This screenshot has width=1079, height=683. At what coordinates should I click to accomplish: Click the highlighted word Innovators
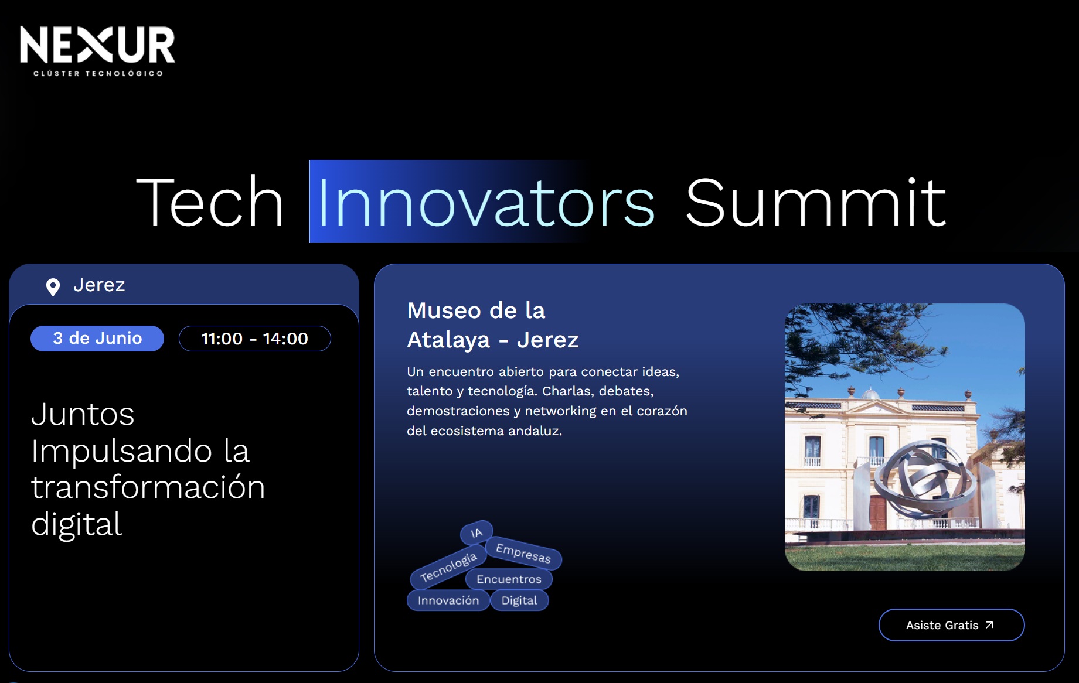(485, 203)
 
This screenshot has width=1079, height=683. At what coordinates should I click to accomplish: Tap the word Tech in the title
(210, 203)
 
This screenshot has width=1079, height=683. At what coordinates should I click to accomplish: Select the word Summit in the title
(815, 203)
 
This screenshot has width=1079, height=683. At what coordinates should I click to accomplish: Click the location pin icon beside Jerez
(53, 287)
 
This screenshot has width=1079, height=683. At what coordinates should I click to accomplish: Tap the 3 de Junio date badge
(97, 339)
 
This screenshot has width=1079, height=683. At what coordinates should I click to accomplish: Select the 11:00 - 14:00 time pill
(254, 339)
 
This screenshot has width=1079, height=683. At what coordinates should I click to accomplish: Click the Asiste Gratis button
(951, 625)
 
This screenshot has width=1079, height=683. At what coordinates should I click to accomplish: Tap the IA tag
(476, 533)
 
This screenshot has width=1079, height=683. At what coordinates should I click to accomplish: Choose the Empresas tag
(523, 553)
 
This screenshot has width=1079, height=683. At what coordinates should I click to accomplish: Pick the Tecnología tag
(448, 567)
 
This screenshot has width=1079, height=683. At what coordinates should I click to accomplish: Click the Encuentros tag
(509, 579)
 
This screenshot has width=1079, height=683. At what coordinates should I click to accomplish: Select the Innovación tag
(448, 600)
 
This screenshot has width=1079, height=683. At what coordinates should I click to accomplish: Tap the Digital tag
(519, 600)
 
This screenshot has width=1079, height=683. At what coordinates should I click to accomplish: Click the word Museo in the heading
(444, 310)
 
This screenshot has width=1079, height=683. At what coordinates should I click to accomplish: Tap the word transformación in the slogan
(148, 487)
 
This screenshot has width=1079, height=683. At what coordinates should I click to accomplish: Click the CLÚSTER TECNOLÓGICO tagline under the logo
(98, 74)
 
